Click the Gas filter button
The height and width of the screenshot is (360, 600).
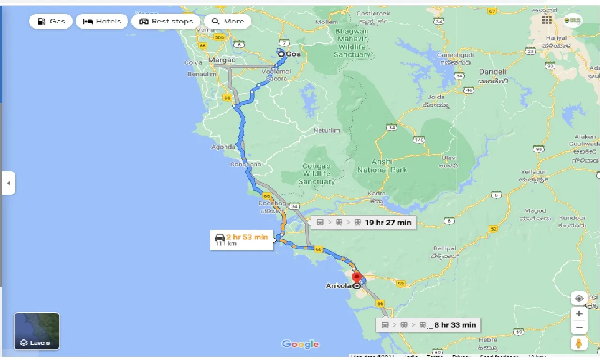pos(51,21)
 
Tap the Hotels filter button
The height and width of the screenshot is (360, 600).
pos(102,21)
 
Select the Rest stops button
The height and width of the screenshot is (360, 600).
pos(166,21)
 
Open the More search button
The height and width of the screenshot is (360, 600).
pos(228,21)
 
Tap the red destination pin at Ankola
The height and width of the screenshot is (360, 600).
pos(358,277)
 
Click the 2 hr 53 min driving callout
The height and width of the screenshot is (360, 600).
pos(241,240)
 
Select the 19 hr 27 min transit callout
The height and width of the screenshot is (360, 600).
pos(363,222)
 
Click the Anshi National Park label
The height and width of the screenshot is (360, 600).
pos(382,165)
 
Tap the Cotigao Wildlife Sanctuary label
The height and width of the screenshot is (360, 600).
pos(316,174)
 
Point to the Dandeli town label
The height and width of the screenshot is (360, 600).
pos(492,72)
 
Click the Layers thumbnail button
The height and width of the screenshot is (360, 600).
pos(37,331)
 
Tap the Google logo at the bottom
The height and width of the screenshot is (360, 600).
pos(300,345)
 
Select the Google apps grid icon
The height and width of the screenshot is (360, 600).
pos(547,20)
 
